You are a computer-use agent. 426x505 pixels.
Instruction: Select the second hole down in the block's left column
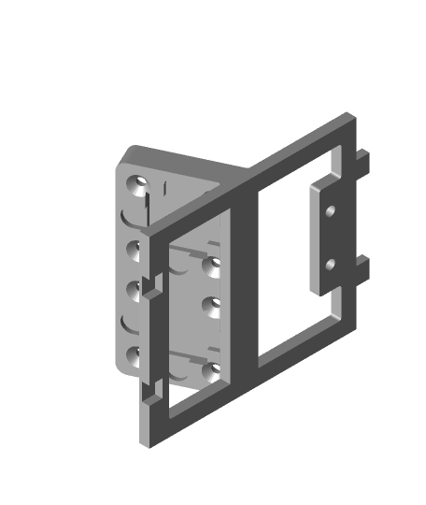click(x=135, y=250)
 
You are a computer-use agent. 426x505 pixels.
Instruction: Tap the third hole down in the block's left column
click(x=135, y=287)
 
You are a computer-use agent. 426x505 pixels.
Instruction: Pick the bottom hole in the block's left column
click(x=135, y=354)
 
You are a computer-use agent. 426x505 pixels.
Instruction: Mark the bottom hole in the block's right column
click(x=209, y=373)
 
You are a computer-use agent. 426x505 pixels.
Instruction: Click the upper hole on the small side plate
click(x=330, y=210)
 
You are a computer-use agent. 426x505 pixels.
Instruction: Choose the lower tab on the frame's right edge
click(x=365, y=271)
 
